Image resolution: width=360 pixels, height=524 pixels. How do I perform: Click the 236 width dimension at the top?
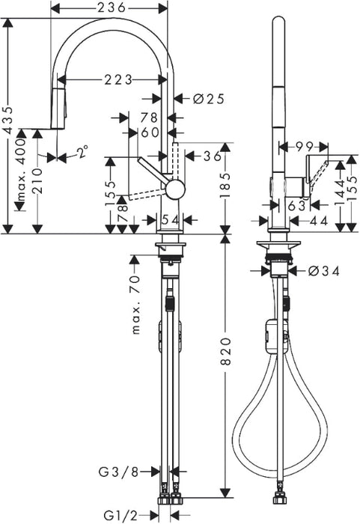click(x=112, y=7)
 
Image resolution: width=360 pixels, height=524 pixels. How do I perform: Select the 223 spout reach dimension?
click(x=118, y=80)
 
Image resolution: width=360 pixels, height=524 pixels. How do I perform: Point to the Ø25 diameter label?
click(x=209, y=99)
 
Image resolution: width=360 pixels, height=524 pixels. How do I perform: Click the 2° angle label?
click(x=83, y=152)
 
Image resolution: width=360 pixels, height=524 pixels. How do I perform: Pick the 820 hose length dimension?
click(x=226, y=351)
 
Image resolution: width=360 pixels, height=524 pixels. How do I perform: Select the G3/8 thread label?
click(x=118, y=472)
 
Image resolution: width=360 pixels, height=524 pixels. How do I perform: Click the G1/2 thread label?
click(x=120, y=516)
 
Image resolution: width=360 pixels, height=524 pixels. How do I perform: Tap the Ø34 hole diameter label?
click(x=324, y=271)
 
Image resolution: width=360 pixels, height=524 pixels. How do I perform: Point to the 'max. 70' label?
click(x=136, y=305)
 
